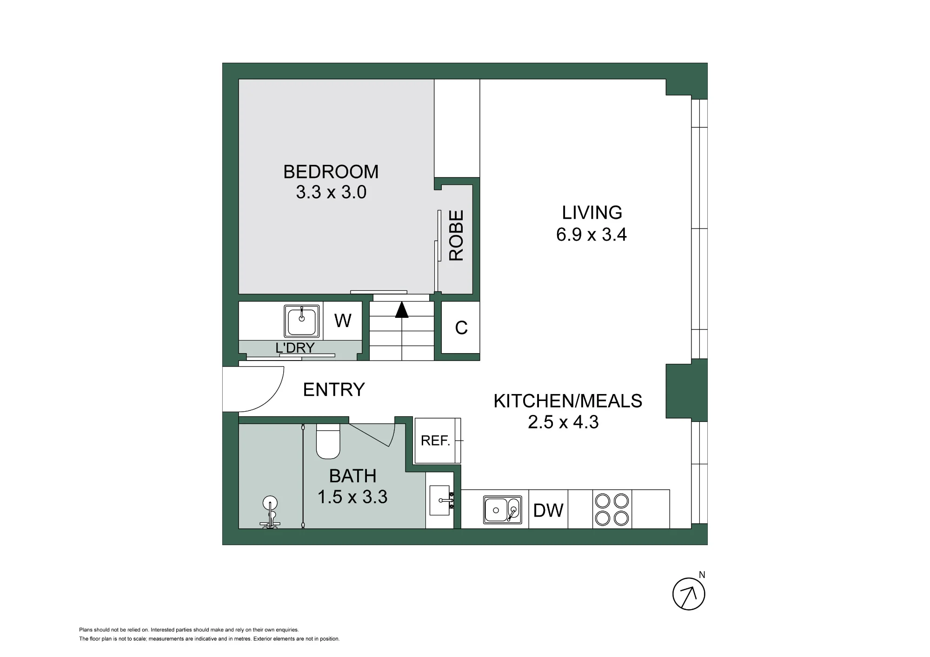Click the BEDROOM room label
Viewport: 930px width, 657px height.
tap(331, 172)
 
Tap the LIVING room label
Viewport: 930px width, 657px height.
tap(592, 212)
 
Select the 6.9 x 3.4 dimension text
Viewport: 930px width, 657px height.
tap(591, 235)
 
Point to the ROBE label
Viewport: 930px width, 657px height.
tap(456, 236)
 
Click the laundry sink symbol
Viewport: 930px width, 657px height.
tap(302, 321)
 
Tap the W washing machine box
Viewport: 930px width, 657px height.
tap(343, 321)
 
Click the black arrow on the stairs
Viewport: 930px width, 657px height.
tap(401, 309)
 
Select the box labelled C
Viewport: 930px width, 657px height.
tap(460, 328)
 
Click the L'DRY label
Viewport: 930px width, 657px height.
tap(295, 348)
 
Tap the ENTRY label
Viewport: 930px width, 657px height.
tap(334, 389)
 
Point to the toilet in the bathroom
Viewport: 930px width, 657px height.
tap(328, 441)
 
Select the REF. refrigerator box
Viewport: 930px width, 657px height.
tap(438, 440)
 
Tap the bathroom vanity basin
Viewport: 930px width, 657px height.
tap(440, 500)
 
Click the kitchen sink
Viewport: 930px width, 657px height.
tap(502, 510)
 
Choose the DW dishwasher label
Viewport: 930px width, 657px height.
tap(548, 511)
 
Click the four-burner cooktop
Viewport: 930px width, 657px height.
tap(612, 509)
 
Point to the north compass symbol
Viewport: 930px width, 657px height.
tap(689, 593)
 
